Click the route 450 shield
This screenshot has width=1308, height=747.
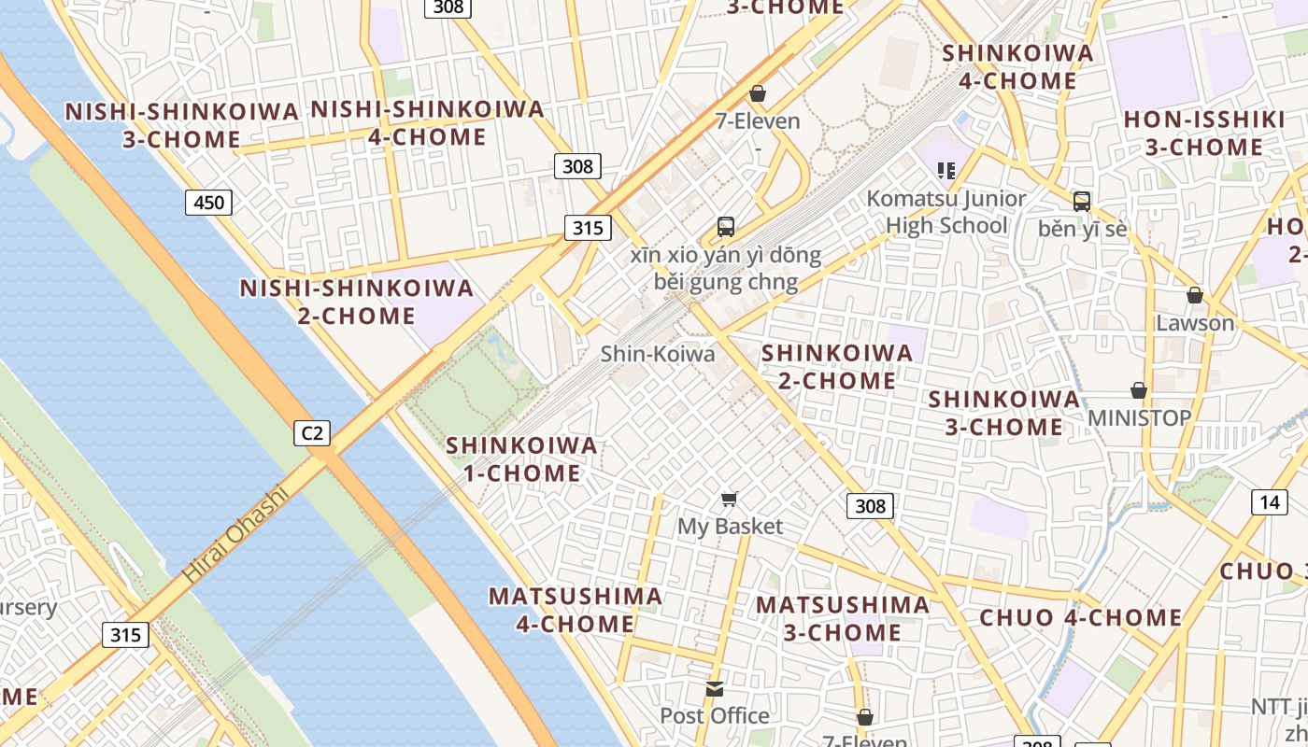207,202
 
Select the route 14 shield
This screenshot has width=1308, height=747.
1269,502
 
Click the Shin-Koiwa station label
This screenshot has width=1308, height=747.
658,354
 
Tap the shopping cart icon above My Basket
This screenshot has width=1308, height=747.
730,500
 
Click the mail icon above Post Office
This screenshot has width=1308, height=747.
715,689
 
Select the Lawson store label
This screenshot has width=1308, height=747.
1195,323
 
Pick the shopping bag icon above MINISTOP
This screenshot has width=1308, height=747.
1138,390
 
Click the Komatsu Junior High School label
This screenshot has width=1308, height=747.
945,212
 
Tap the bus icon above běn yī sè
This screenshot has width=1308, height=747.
1082,201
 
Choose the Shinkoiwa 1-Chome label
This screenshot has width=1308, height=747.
521,458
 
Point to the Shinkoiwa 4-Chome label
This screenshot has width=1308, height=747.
1017,66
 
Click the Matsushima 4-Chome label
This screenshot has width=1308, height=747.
576,609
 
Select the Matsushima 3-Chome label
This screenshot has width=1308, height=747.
843,618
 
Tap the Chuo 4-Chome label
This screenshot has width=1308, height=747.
1081,617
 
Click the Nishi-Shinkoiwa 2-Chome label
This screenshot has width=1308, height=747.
357,302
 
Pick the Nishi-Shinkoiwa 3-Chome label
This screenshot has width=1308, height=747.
182,125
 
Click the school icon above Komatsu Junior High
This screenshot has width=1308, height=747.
946,170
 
